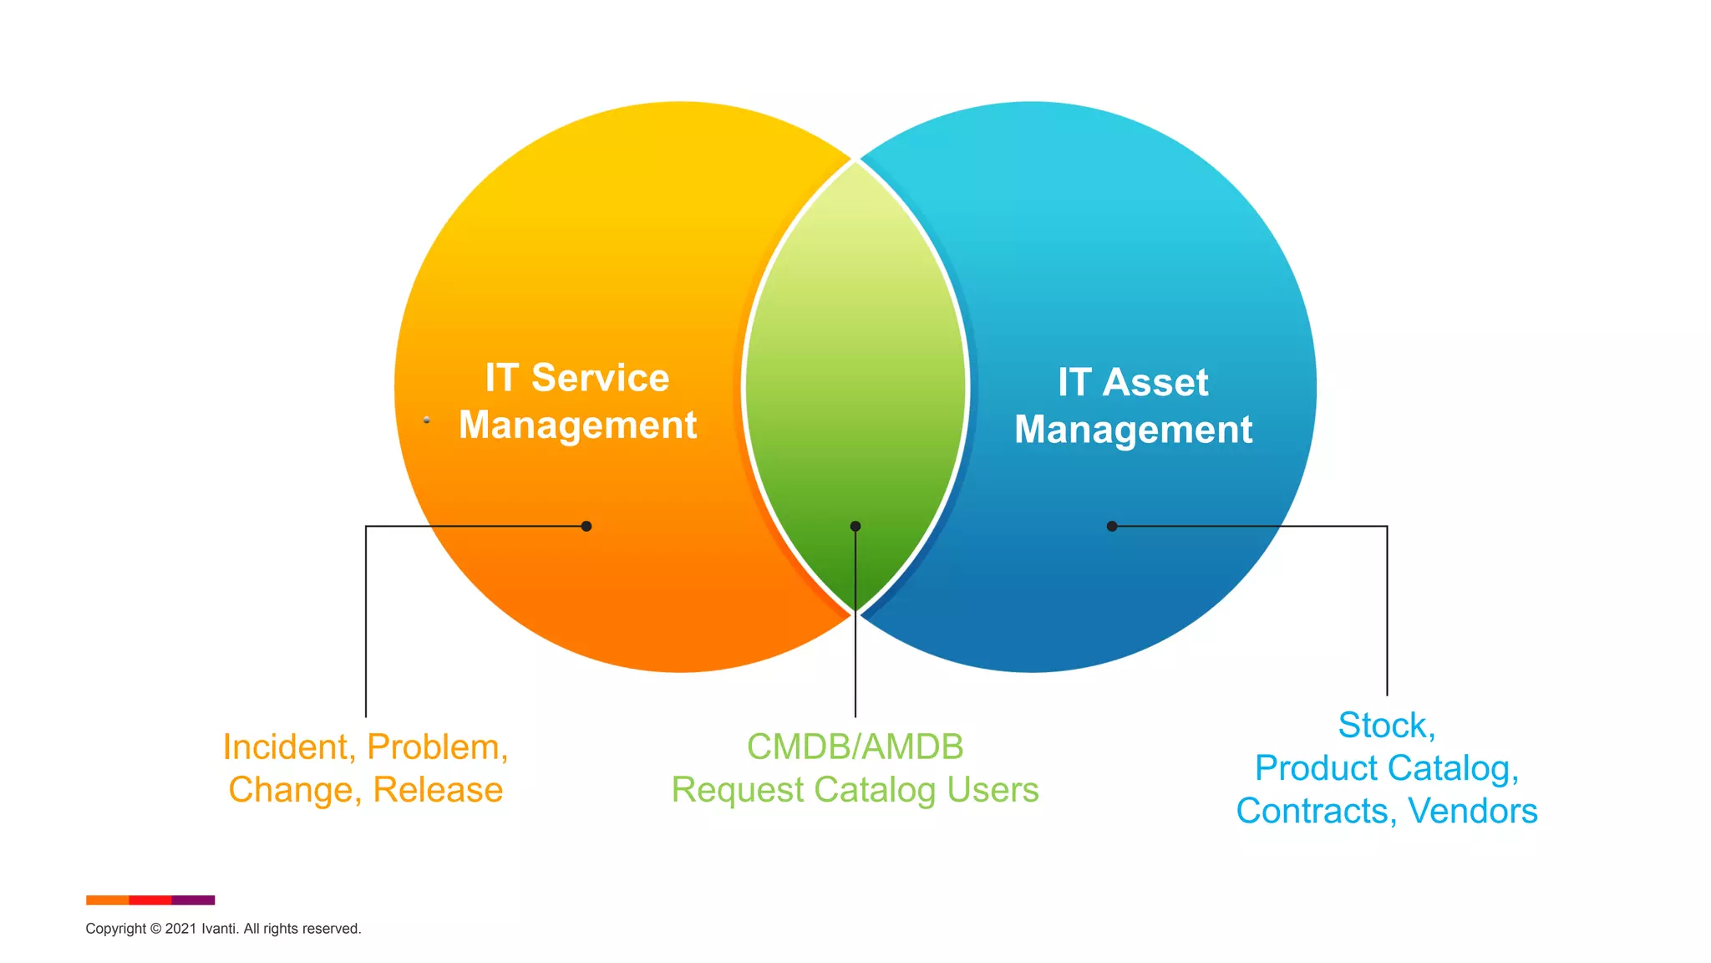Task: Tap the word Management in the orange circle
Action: (577, 425)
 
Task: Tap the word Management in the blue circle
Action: (1133, 430)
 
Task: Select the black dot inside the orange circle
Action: (586, 526)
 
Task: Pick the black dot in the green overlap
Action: (855, 526)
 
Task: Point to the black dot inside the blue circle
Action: (1112, 526)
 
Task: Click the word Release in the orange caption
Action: (438, 789)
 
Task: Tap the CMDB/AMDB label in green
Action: (855, 746)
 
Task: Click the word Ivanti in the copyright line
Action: (219, 929)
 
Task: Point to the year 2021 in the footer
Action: (180, 929)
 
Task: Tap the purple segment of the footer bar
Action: (193, 900)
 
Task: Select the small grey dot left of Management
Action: (427, 420)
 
